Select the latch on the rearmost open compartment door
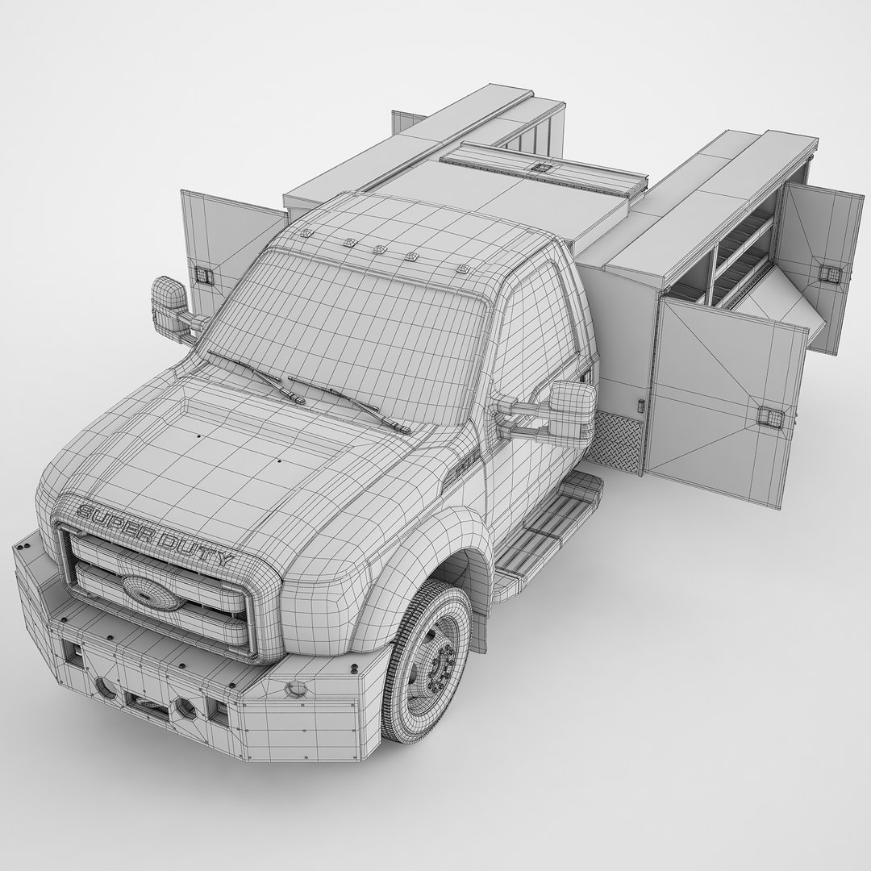[x=827, y=272]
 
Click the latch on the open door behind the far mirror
[x=204, y=274]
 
